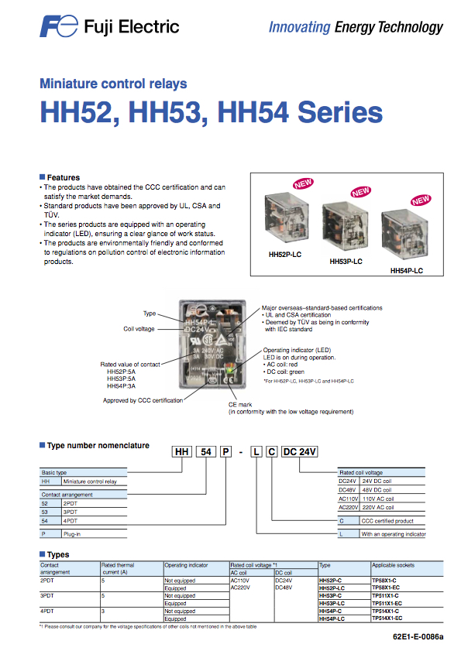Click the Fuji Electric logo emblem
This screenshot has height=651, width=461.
point(59,27)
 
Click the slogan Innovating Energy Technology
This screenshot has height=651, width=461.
point(356,27)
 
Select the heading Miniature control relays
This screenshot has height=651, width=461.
point(113,84)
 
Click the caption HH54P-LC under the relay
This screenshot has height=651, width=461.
point(406,271)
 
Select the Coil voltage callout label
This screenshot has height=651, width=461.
point(139,328)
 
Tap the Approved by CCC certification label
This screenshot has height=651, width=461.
point(143,400)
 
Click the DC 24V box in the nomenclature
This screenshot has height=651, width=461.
point(300,452)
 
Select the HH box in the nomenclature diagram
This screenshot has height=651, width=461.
point(181,452)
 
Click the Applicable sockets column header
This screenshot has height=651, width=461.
point(394,566)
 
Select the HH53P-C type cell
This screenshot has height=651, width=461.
point(332,595)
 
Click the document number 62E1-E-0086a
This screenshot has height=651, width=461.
point(418,636)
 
